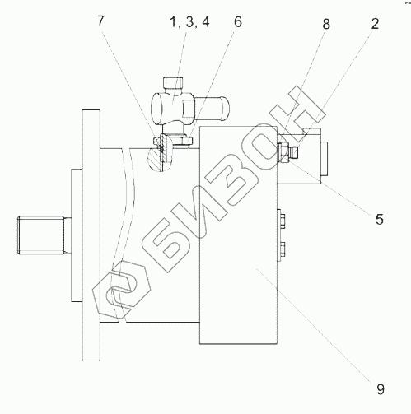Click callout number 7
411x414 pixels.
click(101, 21)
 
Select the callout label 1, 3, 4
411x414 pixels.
click(190, 22)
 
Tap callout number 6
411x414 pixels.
click(238, 22)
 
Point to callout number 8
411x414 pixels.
click(326, 24)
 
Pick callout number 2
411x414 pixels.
click(375, 24)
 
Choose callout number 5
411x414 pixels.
click(380, 219)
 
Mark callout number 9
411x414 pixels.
click(381, 388)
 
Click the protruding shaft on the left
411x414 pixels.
click(41, 235)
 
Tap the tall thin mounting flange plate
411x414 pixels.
click(91, 235)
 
